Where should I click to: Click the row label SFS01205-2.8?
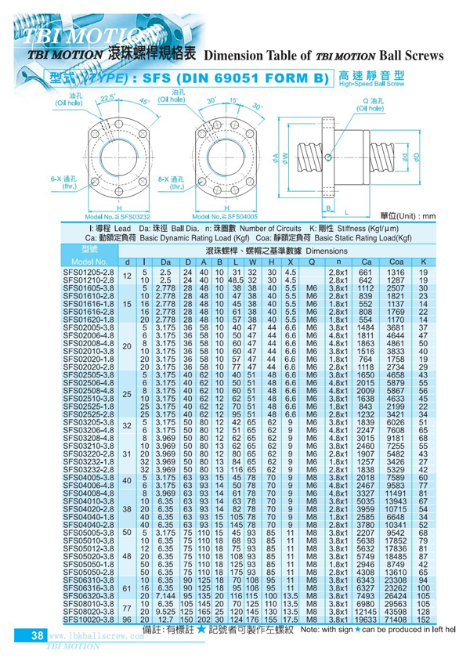click(x=89, y=272)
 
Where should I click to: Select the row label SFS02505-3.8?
click(x=89, y=376)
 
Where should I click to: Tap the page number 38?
click(x=36, y=637)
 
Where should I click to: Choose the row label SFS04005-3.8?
click(x=89, y=477)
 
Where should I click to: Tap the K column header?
click(x=423, y=262)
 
